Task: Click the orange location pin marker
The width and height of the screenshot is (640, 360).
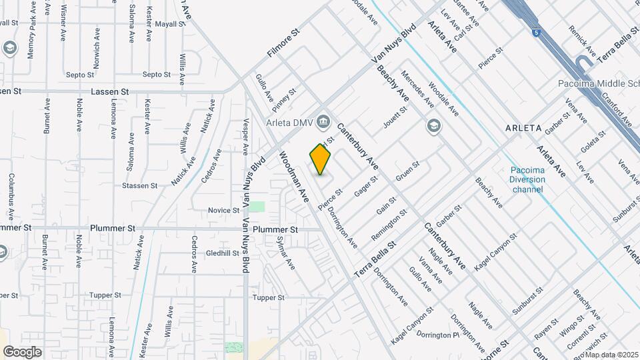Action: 321,159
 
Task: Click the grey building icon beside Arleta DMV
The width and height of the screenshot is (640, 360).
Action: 324,121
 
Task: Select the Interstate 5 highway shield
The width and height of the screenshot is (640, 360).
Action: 536,31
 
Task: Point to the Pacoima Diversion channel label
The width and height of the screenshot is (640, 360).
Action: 527,179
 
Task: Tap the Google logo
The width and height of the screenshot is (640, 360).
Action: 22,351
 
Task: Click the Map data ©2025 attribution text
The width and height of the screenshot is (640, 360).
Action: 611,355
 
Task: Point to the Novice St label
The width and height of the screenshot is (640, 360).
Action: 223,210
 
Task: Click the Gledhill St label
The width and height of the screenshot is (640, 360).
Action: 223,253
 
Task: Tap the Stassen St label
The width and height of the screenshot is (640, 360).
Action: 141,185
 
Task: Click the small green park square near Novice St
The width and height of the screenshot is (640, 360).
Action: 257,207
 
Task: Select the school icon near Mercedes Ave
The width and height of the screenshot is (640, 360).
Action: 433,126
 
